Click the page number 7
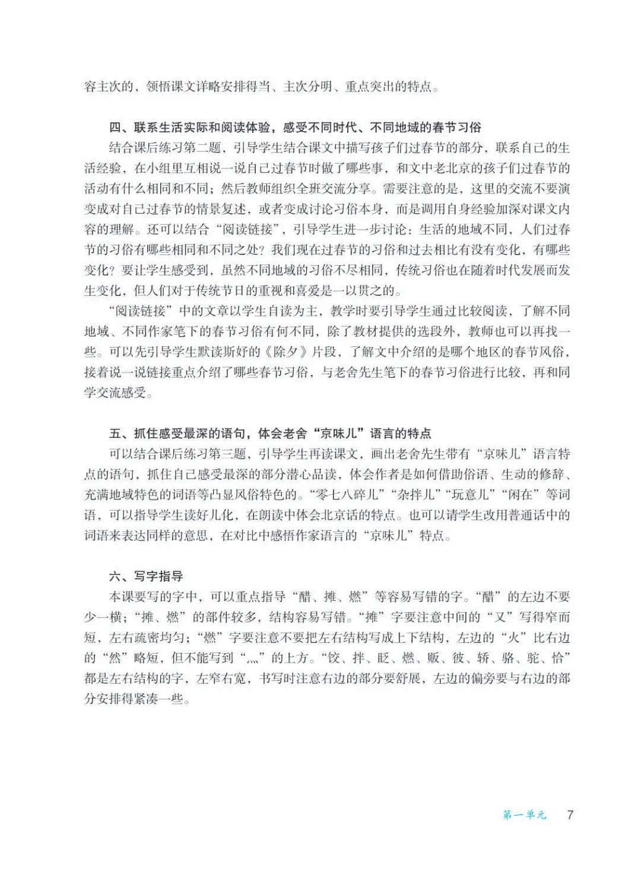(570, 814)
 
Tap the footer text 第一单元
(525, 815)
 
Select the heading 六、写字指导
(146, 576)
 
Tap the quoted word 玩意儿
(472, 495)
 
